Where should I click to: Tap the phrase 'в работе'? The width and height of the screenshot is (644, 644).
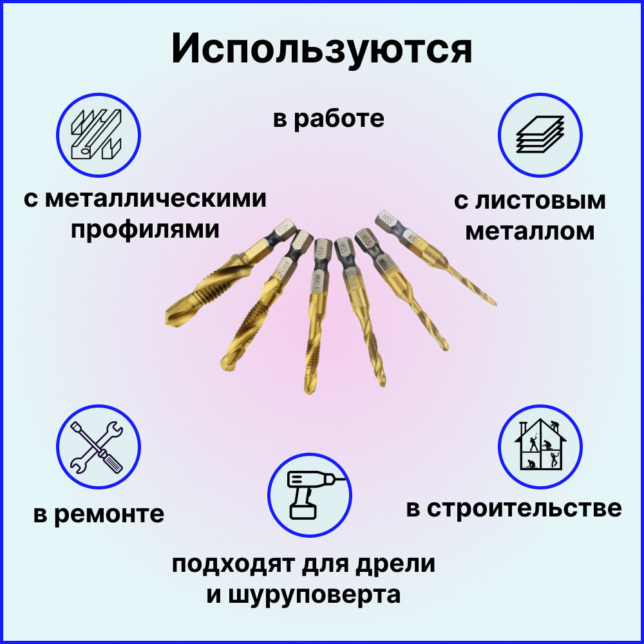coord(328,118)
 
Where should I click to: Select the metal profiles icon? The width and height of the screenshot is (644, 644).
coord(98,134)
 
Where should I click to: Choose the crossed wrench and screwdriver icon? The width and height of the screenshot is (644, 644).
coord(98,447)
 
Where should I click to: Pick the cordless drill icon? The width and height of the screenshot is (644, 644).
coord(309,495)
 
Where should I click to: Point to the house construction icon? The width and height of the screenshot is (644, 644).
coord(540,446)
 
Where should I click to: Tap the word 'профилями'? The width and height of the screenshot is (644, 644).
coord(145,229)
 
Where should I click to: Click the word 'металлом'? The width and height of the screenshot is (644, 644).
coord(529,231)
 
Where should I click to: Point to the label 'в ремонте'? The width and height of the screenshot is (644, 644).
coord(99,515)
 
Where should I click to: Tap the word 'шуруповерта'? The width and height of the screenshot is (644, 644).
coord(313,594)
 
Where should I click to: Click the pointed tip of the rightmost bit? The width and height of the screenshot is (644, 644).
coord(495,303)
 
